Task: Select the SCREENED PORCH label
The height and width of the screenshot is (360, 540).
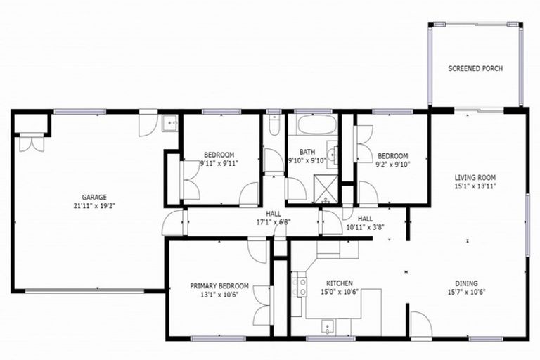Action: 475,69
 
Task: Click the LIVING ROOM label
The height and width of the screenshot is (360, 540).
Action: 475,177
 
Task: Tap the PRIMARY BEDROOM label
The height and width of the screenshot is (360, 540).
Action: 219,285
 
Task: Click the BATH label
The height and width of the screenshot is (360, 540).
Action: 307,151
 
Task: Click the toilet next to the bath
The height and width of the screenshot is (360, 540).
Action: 275,126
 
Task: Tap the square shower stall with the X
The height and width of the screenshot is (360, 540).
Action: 325,191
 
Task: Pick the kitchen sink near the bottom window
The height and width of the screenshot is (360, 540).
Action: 328,326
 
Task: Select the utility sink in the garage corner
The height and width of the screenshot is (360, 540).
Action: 169,124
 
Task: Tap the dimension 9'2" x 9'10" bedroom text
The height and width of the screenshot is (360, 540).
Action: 392,164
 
